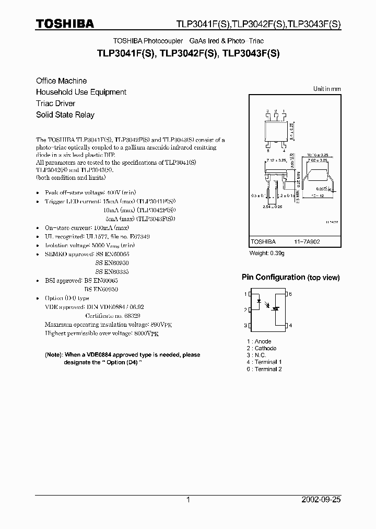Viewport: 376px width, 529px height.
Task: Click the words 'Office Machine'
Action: click(61, 81)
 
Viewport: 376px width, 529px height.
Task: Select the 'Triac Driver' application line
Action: click(55, 103)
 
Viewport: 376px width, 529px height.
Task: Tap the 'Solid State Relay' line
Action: click(65, 115)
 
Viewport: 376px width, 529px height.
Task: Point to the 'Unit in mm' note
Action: click(327, 89)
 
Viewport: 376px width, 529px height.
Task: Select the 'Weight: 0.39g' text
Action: click(268, 253)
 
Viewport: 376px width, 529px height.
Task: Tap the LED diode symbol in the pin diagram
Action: click(259, 302)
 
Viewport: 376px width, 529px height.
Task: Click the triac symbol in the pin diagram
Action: click(277, 309)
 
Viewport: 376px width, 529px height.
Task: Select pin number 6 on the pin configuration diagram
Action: click(290, 294)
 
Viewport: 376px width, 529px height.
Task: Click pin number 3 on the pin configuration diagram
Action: click(245, 326)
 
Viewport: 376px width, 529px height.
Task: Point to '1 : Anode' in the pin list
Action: click(259, 341)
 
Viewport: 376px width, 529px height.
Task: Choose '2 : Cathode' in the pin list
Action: click(262, 348)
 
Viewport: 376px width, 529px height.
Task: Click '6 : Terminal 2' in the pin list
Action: click(264, 369)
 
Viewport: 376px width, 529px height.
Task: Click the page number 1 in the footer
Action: click(189, 500)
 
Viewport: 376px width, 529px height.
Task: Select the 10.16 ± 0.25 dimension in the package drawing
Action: click(317, 155)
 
